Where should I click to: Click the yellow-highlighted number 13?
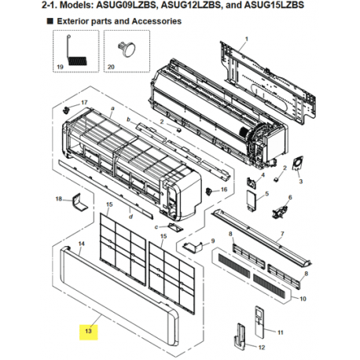pyautogui.click(x=88, y=331)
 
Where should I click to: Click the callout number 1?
pyautogui.click(x=246, y=39)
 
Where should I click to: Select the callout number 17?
pyautogui.click(x=84, y=102)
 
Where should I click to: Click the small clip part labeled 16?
pyautogui.click(x=209, y=192)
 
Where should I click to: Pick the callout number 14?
pyautogui.click(x=82, y=244)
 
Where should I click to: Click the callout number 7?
pyautogui.click(x=282, y=233)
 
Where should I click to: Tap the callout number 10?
pyautogui.click(x=303, y=299)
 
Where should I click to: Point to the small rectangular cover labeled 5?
pyautogui.click(x=252, y=199)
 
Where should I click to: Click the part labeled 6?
pyautogui.click(x=279, y=211)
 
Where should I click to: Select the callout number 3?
pyautogui.click(x=301, y=181)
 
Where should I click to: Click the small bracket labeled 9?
pyautogui.click(x=193, y=248)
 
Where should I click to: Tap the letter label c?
pyautogui.click(x=156, y=227)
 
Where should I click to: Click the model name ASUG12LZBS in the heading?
pyautogui.click(x=190, y=6)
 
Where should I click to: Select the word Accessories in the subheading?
pyautogui.click(x=156, y=21)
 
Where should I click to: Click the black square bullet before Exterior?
pyautogui.click(x=50, y=21)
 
